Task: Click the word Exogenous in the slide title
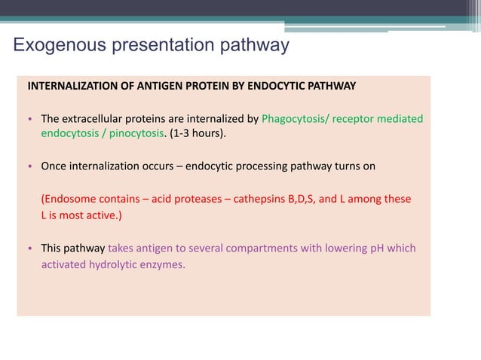(60, 46)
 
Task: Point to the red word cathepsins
(259, 200)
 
